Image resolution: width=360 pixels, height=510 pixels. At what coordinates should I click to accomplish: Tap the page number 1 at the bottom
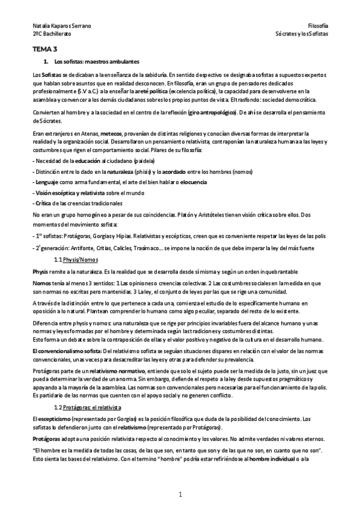180,494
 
